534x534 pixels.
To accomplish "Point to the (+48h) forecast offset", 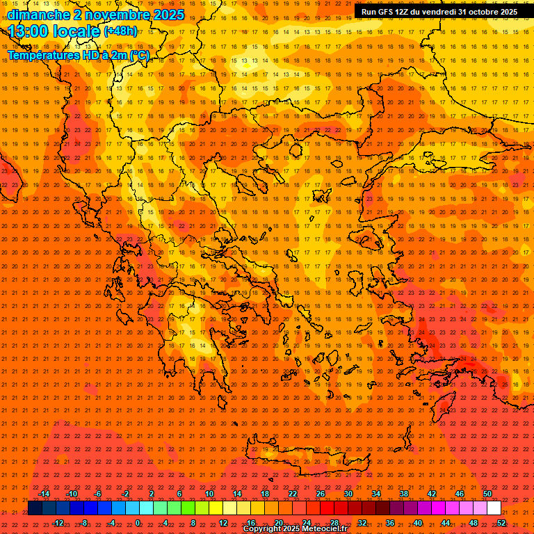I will (x=120, y=31).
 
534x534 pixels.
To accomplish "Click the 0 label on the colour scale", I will (x=138, y=523).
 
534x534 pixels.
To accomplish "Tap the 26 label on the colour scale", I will (x=321, y=494).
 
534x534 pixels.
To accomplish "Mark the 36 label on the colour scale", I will (x=390, y=523).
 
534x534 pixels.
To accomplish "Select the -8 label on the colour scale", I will (x=84, y=523).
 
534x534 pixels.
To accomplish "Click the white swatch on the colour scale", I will (x=494, y=508).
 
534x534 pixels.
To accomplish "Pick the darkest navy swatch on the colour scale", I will (x=35, y=508).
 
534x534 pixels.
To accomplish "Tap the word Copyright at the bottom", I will (x=263, y=529).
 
